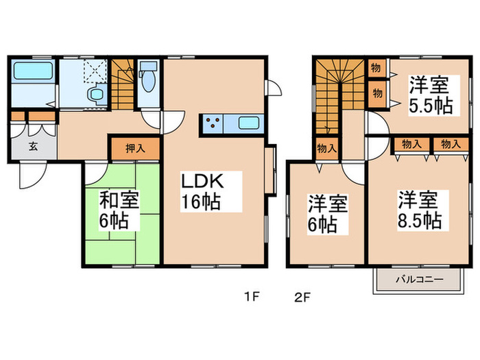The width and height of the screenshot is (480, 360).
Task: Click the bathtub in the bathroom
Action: click(x=32, y=71)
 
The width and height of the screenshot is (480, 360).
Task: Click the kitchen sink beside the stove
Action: click(x=248, y=125)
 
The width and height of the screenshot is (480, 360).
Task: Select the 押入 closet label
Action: click(x=136, y=148)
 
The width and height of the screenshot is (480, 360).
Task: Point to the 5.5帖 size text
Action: click(x=430, y=106)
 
